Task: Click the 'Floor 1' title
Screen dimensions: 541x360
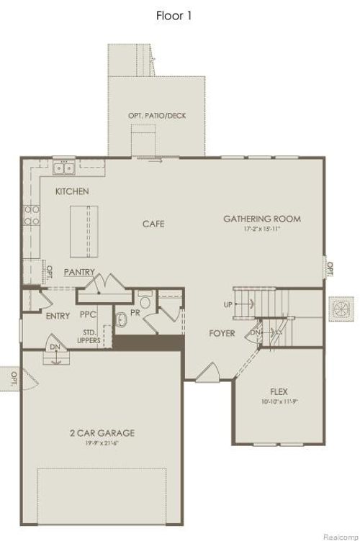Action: coord(174,15)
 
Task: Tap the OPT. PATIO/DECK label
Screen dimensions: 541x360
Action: coord(156,115)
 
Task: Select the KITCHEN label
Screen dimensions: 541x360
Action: coord(72,191)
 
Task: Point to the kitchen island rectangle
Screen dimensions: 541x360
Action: coord(84,231)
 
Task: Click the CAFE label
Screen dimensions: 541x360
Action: coord(153,224)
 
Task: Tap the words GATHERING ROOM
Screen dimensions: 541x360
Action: coord(261,219)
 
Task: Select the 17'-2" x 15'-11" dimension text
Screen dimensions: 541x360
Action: coord(261,229)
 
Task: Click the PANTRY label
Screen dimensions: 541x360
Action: coord(79,272)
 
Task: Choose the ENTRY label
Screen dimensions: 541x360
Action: coord(58,316)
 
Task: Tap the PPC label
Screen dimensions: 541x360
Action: coord(89,315)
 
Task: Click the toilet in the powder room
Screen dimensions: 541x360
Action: coord(145,301)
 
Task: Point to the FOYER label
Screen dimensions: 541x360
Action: coord(222,333)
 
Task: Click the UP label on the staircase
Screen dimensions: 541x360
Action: coord(228,304)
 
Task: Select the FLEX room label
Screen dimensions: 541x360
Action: coord(279,392)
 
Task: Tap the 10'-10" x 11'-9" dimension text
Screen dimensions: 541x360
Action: coord(279,401)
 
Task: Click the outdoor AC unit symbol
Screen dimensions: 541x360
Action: coord(341,307)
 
